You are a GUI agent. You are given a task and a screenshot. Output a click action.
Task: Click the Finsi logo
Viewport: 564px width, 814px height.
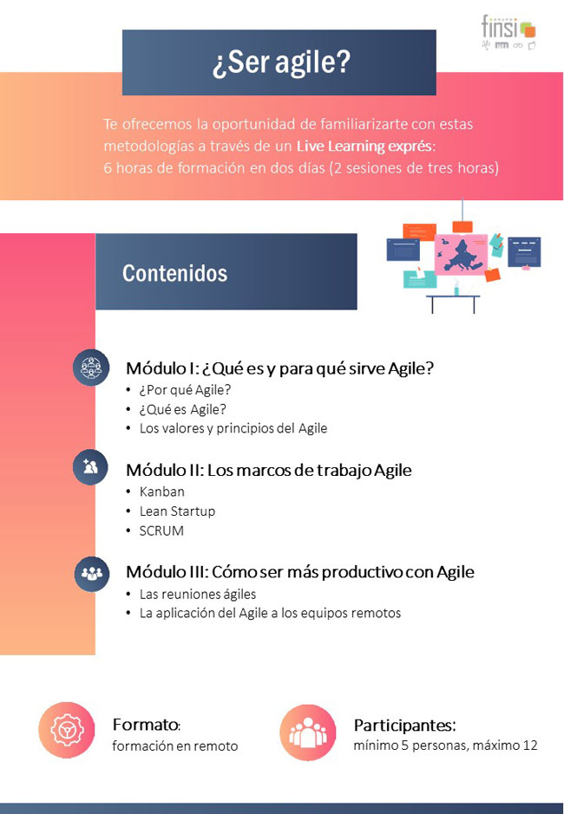click(x=508, y=32)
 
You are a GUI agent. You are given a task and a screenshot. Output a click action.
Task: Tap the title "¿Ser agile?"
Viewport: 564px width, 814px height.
click(x=281, y=62)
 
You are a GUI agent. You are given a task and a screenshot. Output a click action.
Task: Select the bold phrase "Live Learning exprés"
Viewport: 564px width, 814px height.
click(x=364, y=146)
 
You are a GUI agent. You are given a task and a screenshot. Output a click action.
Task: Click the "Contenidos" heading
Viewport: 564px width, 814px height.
click(x=174, y=273)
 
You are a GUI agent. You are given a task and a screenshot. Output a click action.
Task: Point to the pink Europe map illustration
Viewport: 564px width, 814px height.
click(x=461, y=254)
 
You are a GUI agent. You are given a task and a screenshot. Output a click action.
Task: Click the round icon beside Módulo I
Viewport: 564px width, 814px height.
click(x=91, y=368)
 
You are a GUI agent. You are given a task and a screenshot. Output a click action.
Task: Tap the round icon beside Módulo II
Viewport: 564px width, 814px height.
click(x=91, y=467)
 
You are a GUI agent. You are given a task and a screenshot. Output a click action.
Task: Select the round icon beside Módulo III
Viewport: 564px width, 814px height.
click(x=91, y=574)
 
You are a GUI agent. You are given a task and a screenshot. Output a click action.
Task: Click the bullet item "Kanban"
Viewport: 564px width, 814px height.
click(x=161, y=492)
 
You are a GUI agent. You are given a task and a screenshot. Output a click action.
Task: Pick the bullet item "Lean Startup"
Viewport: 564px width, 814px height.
click(x=177, y=511)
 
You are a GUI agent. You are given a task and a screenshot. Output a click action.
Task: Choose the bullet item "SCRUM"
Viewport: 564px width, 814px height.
click(x=161, y=531)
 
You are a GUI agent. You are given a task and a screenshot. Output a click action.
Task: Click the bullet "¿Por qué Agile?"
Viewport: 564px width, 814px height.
click(x=185, y=390)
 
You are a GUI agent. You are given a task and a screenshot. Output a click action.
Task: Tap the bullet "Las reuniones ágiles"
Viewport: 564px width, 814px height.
click(x=198, y=594)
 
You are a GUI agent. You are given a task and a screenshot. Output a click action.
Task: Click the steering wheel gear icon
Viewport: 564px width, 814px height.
click(x=67, y=730)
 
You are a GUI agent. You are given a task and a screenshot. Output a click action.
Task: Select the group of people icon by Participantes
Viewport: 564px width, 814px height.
click(x=308, y=733)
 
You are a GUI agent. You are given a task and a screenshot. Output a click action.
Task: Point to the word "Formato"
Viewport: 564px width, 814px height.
click(x=145, y=724)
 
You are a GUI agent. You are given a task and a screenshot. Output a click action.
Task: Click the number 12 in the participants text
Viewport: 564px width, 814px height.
click(x=530, y=746)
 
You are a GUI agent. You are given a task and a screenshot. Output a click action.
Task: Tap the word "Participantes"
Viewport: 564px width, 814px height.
click(x=403, y=726)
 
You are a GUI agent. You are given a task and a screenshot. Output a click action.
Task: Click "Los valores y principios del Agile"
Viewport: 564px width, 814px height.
click(x=233, y=428)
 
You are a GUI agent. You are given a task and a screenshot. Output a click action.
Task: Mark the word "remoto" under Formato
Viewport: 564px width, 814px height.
click(x=219, y=746)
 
